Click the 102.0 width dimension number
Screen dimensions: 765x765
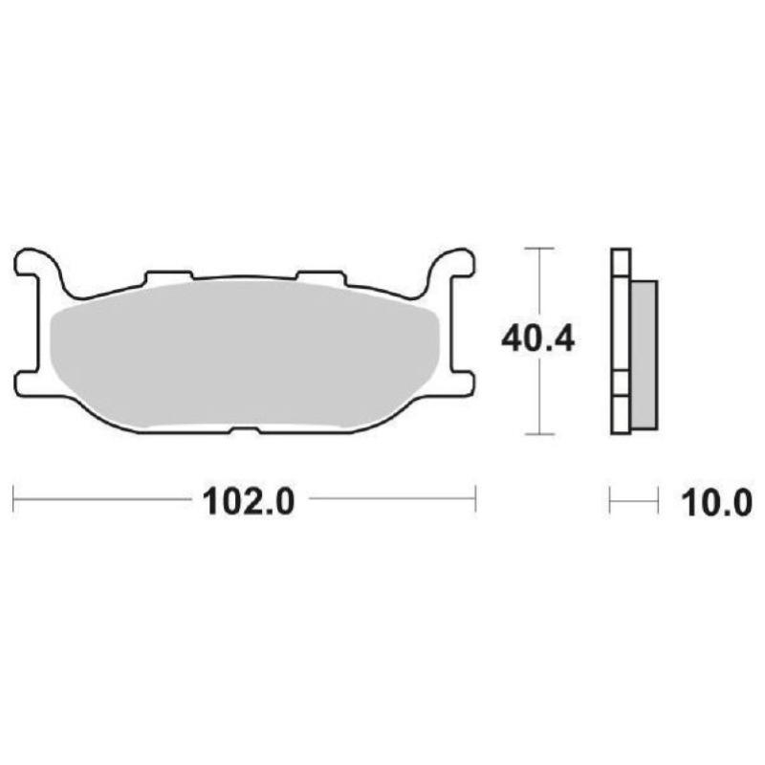coord(246,500)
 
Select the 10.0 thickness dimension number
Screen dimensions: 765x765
coord(715,500)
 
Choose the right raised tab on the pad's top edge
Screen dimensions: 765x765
coord(319,276)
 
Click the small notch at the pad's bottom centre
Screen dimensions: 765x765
coord(245,429)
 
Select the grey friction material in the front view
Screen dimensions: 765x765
coord(244,354)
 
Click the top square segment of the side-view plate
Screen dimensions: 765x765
coord(620,261)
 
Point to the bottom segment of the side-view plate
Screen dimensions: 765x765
coord(620,413)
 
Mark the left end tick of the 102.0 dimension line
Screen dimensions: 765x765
coord(13,498)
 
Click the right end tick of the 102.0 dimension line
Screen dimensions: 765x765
coord(475,498)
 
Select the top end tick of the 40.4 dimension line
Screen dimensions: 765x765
coord(540,249)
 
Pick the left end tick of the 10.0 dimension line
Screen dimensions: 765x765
coord(611,498)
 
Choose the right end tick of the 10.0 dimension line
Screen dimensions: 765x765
coord(658,498)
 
